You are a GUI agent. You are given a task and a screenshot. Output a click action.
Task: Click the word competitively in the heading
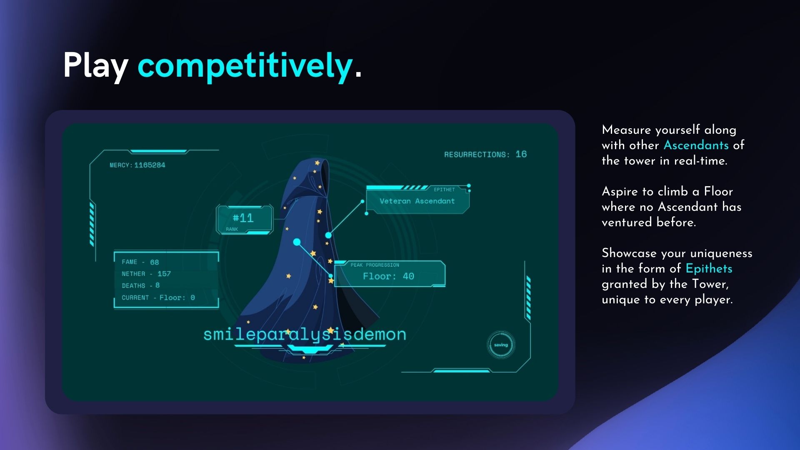(x=245, y=65)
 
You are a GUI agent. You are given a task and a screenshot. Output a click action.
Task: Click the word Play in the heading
(x=95, y=65)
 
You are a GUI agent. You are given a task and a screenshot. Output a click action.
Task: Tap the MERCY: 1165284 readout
(x=137, y=165)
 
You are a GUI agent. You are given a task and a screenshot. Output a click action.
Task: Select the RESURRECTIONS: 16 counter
(x=485, y=154)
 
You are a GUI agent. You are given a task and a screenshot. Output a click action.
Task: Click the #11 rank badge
(x=244, y=219)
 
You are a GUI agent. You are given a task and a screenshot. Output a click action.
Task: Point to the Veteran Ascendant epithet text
(x=417, y=201)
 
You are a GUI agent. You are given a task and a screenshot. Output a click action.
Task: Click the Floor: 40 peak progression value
(x=388, y=276)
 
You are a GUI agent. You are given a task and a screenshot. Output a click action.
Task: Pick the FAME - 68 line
(x=140, y=262)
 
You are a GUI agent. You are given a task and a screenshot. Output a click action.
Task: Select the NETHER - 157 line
(x=146, y=274)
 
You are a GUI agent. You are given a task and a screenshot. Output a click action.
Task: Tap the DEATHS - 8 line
(x=140, y=285)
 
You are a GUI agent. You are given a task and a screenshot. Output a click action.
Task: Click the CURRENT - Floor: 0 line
(x=158, y=297)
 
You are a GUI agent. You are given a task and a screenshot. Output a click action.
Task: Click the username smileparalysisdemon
(x=305, y=334)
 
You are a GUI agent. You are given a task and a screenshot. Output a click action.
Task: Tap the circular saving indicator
(x=501, y=345)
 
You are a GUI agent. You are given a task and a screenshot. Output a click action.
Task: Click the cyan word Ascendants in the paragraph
(x=696, y=145)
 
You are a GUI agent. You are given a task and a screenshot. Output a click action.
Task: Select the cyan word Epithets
(x=709, y=268)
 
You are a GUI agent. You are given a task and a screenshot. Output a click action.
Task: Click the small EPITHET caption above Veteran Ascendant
(x=444, y=190)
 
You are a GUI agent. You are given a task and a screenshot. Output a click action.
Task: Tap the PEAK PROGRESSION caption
(x=375, y=265)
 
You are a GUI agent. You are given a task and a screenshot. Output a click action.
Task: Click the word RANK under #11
(x=232, y=229)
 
